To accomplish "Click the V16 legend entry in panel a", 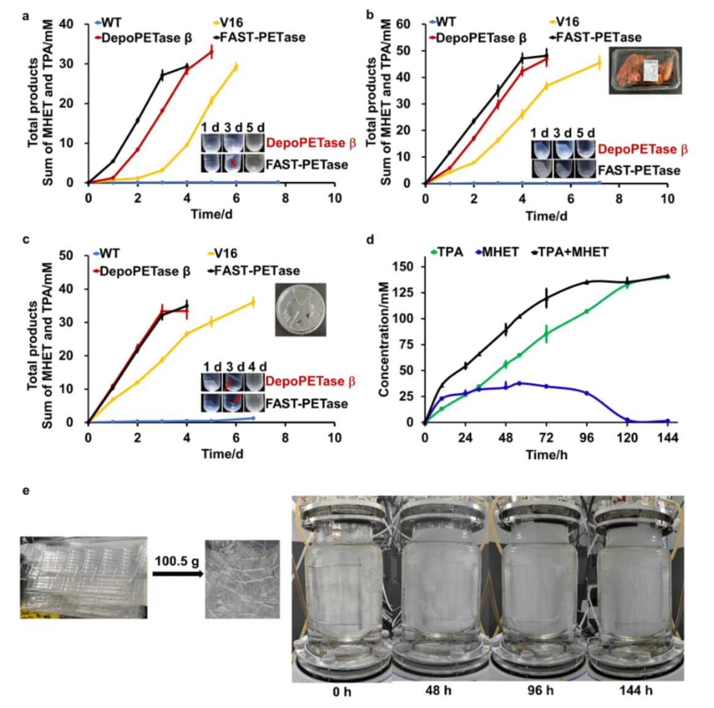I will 231,23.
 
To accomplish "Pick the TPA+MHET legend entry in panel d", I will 572,252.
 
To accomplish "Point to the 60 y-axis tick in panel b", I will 403,24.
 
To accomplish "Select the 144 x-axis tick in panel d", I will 667,437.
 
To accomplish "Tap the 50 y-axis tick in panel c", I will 66,255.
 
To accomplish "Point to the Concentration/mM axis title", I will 384,339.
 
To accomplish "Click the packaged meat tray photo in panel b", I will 645,70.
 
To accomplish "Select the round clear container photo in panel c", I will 301,309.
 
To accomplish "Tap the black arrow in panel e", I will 177,574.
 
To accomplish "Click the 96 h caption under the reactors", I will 540,690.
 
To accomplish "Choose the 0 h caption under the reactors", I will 342,691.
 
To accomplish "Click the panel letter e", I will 25,491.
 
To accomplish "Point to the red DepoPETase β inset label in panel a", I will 310,143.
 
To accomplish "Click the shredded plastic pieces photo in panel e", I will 242,578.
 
